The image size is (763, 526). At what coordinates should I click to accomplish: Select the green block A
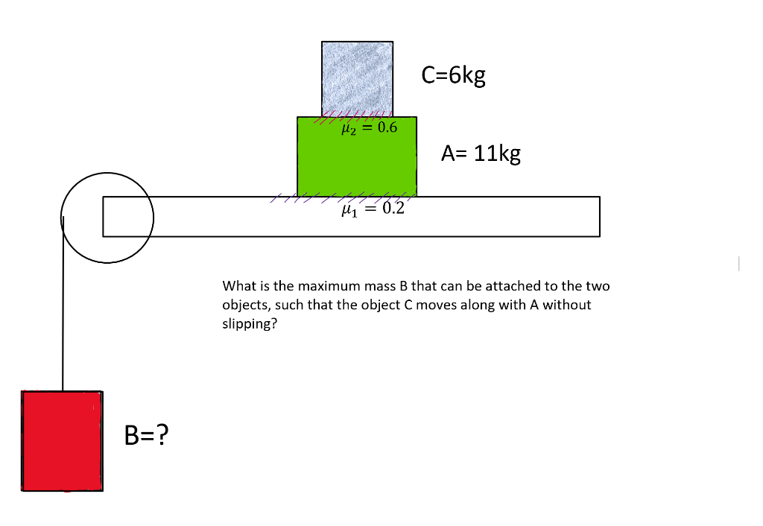(356, 160)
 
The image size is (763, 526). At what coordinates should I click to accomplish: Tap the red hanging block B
(63, 440)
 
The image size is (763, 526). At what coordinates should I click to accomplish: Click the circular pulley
(107, 218)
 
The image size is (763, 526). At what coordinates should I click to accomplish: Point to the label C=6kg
(453, 75)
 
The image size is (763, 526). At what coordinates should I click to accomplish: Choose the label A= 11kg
(480, 153)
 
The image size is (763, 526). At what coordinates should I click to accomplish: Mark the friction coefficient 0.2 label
(392, 208)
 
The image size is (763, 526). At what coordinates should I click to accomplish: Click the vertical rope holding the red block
(63, 313)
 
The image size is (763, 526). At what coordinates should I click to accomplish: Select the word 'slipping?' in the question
(250, 325)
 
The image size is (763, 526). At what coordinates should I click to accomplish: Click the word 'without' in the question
(570, 305)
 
